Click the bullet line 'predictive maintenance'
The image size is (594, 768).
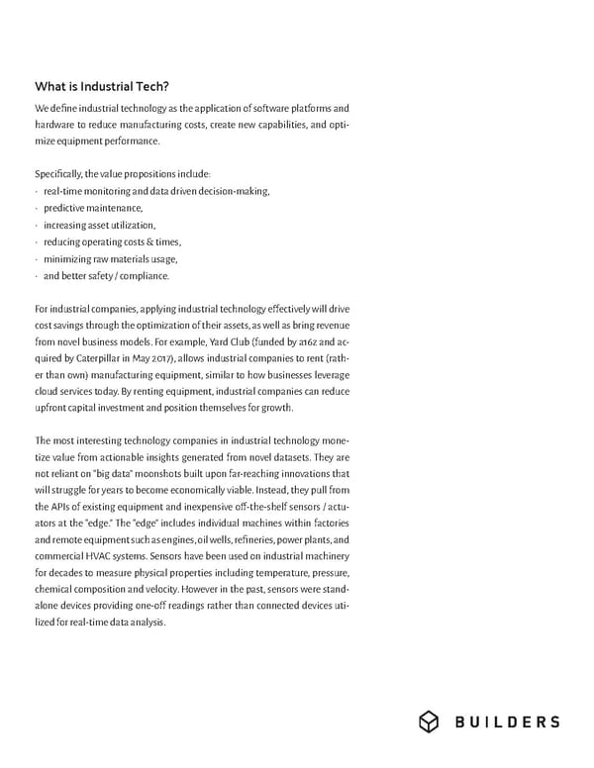click(x=93, y=208)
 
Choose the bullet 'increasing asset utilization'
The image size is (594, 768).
click(x=99, y=225)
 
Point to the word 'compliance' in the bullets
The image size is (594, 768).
click(x=146, y=275)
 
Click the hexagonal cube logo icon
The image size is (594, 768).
click(x=429, y=721)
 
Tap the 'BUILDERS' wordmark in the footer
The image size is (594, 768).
click(x=507, y=721)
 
